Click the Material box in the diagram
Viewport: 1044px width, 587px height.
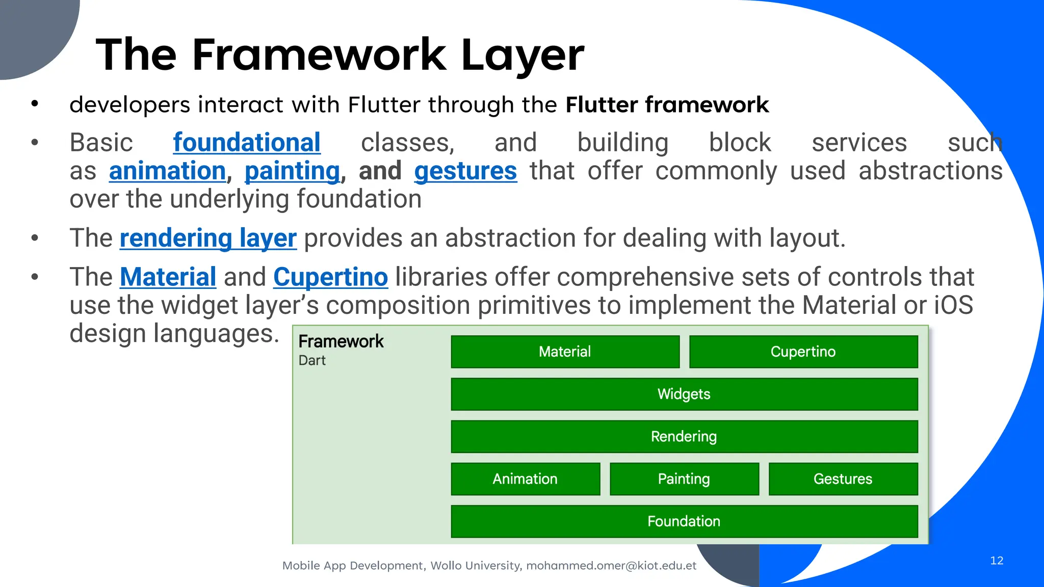click(x=565, y=352)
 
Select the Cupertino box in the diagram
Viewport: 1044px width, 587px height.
click(x=803, y=352)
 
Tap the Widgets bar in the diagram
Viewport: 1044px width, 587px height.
click(x=684, y=394)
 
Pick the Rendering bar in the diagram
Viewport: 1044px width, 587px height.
click(x=684, y=437)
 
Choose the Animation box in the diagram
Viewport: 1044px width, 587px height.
click(x=525, y=479)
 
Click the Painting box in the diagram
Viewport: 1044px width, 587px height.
click(x=684, y=479)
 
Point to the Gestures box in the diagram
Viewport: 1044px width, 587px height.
click(x=843, y=479)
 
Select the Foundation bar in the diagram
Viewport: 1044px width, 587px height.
click(x=684, y=521)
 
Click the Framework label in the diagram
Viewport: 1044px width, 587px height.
click(x=341, y=341)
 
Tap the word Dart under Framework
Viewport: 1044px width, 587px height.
click(x=312, y=361)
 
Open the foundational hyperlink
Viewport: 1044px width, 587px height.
click(x=247, y=143)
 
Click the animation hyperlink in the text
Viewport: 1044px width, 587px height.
click(x=167, y=171)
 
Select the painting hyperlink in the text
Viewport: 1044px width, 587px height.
click(x=292, y=171)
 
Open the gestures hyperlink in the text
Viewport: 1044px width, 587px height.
click(x=465, y=171)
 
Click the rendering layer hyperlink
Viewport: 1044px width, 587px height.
click(x=208, y=238)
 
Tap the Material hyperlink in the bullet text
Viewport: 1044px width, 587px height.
click(x=168, y=277)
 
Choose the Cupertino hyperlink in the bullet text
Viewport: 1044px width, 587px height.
click(x=330, y=277)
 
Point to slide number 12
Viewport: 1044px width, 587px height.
click(x=997, y=561)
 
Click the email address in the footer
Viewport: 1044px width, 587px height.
click(x=611, y=566)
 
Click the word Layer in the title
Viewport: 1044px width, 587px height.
click(x=523, y=55)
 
